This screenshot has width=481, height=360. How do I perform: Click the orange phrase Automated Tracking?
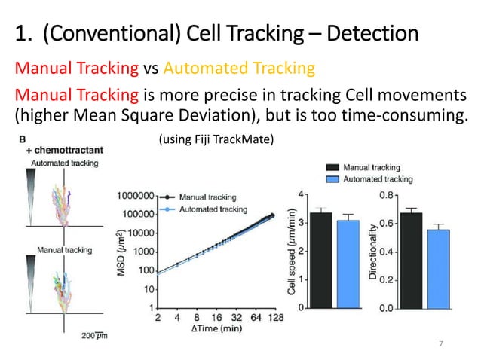pos(238,69)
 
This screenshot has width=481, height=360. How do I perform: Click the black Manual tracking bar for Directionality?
pos(411,260)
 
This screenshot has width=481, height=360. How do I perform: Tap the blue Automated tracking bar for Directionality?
pos(440,268)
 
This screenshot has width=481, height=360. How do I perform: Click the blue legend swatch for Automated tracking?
pos(331,179)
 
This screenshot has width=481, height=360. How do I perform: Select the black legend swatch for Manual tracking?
pos(331,167)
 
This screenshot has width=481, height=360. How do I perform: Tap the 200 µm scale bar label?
pos(90,334)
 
